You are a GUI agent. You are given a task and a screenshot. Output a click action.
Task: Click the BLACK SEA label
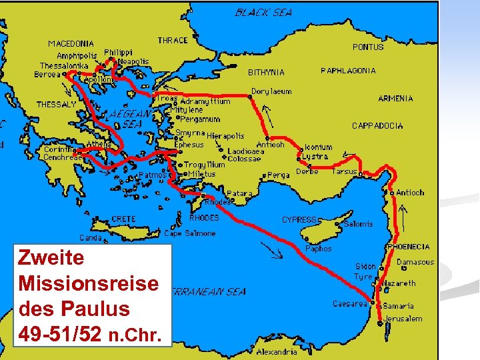[263, 12]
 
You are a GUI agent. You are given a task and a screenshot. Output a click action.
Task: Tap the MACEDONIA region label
[71, 44]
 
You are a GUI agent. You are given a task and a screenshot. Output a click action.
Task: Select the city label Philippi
[119, 52]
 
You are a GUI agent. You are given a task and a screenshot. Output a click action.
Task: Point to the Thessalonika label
[64, 66]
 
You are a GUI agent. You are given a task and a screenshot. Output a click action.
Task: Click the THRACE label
[173, 41]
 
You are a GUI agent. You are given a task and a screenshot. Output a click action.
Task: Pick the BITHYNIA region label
[266, 72]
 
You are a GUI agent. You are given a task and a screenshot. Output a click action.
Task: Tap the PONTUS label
[368, 47]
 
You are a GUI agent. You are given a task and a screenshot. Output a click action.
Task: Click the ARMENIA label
[395, 98]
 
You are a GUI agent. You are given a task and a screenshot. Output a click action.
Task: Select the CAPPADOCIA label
[377, 125]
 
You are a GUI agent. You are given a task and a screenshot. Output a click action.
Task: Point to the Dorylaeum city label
[271, 91]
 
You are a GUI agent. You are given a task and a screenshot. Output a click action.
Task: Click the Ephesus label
[189, 144]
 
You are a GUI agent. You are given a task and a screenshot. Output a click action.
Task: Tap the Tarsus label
[345, 171]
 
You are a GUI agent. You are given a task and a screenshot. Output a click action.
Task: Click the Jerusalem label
[403, 319]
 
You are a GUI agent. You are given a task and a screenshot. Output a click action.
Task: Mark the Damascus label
[415, 263]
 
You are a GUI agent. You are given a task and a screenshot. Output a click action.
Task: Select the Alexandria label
[277, 351]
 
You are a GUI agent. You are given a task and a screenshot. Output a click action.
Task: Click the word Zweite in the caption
[51, 257]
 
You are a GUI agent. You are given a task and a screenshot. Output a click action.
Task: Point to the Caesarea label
[350, 304]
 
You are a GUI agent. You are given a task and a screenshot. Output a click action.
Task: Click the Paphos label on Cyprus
[319, 249]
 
